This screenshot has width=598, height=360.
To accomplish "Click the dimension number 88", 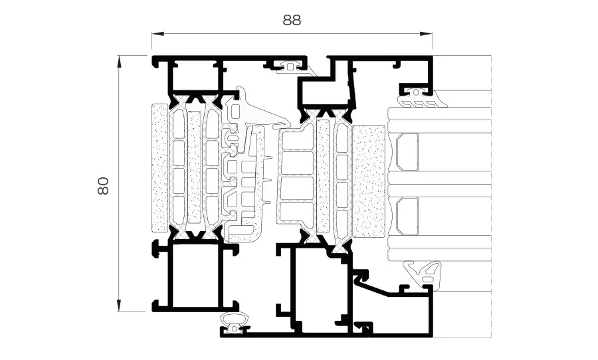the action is click(292, 20).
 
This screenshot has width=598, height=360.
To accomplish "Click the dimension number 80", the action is click(104, 186).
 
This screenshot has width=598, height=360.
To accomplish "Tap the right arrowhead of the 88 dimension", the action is click(427, 34).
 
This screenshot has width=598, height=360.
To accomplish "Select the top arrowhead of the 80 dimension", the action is click(120, 62).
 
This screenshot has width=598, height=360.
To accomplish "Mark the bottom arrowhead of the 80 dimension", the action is click(120, 305).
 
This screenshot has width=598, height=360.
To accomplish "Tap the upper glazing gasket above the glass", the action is click(421, 99).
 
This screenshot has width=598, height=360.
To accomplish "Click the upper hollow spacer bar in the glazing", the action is click(407, 152).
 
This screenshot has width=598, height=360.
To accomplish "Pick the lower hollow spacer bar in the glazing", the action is click(407, 215).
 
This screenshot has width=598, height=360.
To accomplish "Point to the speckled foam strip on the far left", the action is click(160, 168).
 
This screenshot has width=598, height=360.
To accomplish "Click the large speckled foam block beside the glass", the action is click(369, 181).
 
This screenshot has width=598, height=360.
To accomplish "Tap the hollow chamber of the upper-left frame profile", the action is click(195, 78).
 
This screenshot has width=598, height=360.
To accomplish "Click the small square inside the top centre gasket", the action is click(290, 67).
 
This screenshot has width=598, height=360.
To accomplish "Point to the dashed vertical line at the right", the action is click(491, 197).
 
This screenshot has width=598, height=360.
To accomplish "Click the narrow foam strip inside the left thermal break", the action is click(195, 167).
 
